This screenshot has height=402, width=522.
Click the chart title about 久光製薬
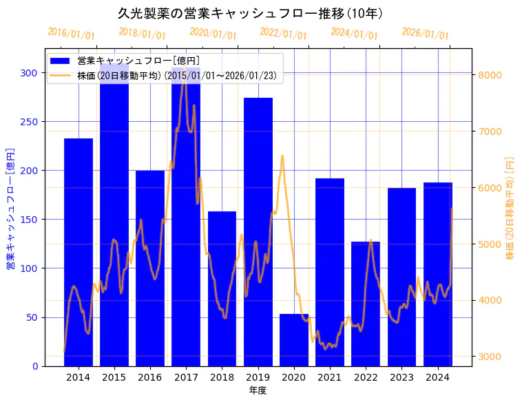coord(250,14)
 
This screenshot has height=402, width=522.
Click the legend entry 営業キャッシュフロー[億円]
coord(138,61)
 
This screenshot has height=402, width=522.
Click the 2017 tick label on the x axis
coord(186,377)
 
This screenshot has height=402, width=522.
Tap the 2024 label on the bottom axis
coord(438,377)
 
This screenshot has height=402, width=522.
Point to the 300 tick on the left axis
coord(32,72)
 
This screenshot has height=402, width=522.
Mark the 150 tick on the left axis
coord(32,220)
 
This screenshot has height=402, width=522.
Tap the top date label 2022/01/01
coord(283,34)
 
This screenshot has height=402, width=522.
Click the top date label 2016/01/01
coord(71,34)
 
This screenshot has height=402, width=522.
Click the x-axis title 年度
coord(258,390)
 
